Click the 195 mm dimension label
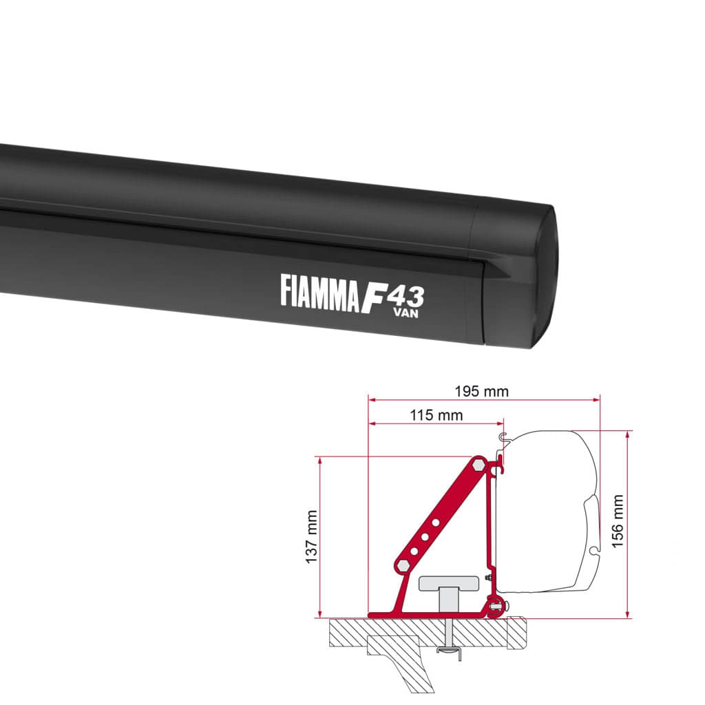pyautogui.click(x=482, y=392)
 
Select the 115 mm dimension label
pyautogui.click(x=436, y=415)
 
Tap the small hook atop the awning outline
pyautogui.click(x=505, y=435)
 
